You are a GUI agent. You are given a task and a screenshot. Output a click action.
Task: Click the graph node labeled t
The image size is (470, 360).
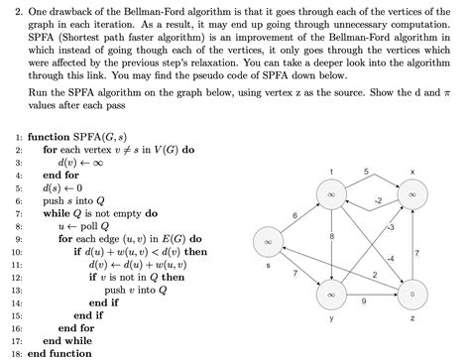point(329,196)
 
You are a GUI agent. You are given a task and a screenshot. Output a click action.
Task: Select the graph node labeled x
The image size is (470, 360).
point(411,196)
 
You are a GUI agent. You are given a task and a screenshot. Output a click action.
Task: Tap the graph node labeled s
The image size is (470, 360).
point(267,241)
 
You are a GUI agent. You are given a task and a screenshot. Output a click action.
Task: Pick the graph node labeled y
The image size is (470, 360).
point(329,295)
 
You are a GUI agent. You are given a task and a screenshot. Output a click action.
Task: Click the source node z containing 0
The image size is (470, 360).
point(411,295)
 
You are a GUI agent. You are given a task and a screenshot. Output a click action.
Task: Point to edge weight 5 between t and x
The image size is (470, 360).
point(368,175)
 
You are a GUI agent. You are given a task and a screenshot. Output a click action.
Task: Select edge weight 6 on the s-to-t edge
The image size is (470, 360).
point(294,212)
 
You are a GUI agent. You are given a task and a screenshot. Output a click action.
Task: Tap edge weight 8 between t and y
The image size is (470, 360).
point(333,234)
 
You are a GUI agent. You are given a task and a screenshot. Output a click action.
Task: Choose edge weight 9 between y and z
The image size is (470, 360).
point(369,300)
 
